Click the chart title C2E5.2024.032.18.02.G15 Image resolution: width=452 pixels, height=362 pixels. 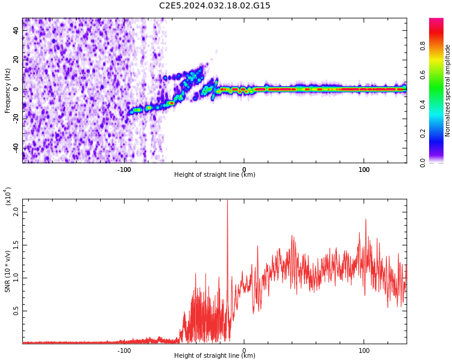click(x=215, y=6)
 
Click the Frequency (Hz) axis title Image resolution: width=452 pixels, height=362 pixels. click(x=8, y=91)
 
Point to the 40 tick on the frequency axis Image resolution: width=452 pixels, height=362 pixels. click(x=16, y=30)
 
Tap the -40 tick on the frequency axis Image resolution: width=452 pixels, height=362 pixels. click(x=16, y=148)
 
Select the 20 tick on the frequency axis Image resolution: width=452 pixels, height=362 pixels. click(x=16, y=60)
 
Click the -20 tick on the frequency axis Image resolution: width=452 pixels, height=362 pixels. click(x=16, y=119)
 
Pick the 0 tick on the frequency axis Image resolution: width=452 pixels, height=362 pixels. click(x=16, y=89)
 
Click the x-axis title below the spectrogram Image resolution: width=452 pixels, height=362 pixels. click(x=215, y=175)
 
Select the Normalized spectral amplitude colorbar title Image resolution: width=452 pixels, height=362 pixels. click(x=448, y=91)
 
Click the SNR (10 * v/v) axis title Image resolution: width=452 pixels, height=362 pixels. click(x=8, y=271)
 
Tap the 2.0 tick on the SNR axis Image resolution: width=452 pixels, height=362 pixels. click(x=17, y=211)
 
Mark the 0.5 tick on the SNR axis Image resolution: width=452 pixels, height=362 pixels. click(x=17, y=311)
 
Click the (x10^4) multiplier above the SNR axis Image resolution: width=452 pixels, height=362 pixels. click(x=8, y=196)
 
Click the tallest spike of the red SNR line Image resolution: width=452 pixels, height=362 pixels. click(x=227, y=202)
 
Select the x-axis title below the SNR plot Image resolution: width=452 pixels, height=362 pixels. click(x=215, y=356)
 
